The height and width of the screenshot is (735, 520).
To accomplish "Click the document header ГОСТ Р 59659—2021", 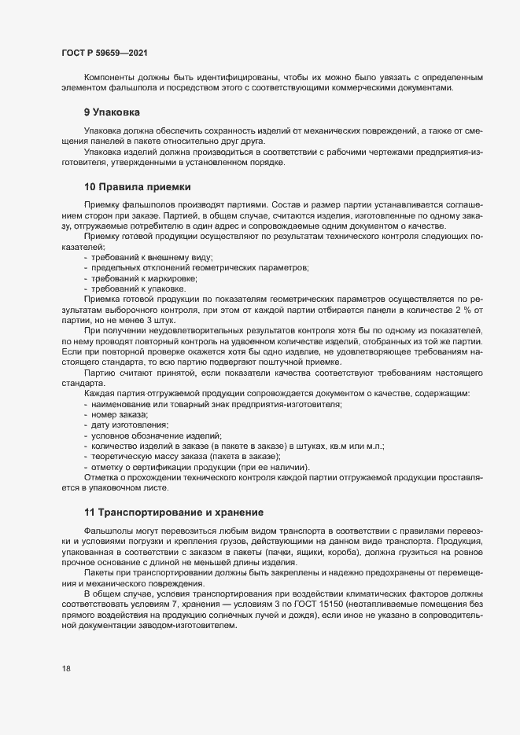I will pos(104,53).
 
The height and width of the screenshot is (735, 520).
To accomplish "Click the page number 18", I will pos(66,669).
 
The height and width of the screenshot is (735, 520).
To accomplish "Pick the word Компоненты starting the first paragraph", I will pos(107,77).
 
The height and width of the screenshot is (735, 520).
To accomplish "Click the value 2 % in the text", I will pos(448,310).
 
